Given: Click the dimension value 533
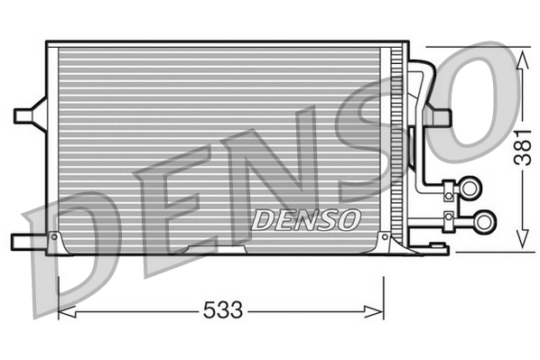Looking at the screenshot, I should click(x=221, y=311).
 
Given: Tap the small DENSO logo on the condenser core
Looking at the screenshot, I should click(x=306, y=218).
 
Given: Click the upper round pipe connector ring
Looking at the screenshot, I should click(x=470, y=187).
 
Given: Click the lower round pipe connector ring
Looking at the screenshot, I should click(x=485, y=219).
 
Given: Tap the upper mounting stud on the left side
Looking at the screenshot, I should click(x=25, y=115).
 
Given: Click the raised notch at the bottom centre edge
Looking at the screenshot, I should click(x=216, y=246).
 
